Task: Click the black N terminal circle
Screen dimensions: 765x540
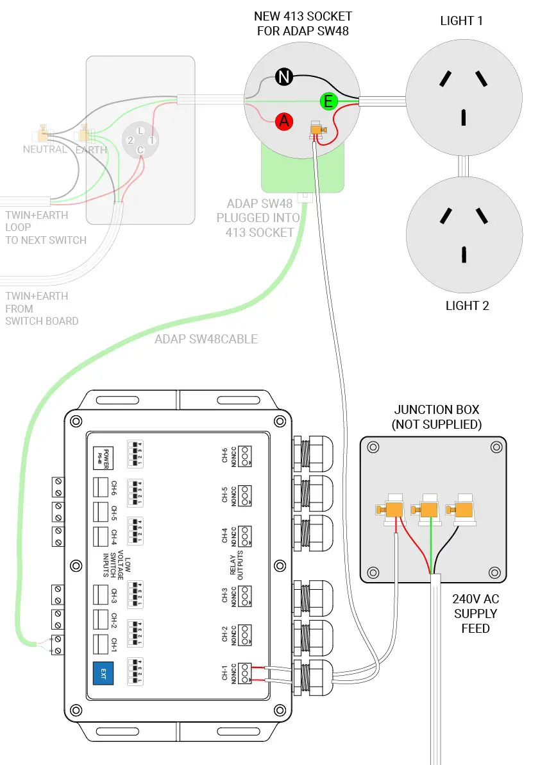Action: tap(284, 78)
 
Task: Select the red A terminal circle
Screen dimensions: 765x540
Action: tap(284, 121)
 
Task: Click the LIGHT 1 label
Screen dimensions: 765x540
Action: tap(461, 21)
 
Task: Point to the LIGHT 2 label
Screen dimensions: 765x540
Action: tap(467, 305)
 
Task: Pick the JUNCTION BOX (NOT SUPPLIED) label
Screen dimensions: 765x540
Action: tap(436, 417)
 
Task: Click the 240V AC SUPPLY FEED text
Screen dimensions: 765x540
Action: tap(475, 613)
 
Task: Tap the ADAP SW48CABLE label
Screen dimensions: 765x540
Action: tap(206, 339)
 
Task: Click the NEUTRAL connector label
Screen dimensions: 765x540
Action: tap(45, 150)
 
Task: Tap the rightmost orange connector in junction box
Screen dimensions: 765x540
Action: tap(463, 510)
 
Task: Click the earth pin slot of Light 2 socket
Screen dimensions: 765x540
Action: tap(462, 254)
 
